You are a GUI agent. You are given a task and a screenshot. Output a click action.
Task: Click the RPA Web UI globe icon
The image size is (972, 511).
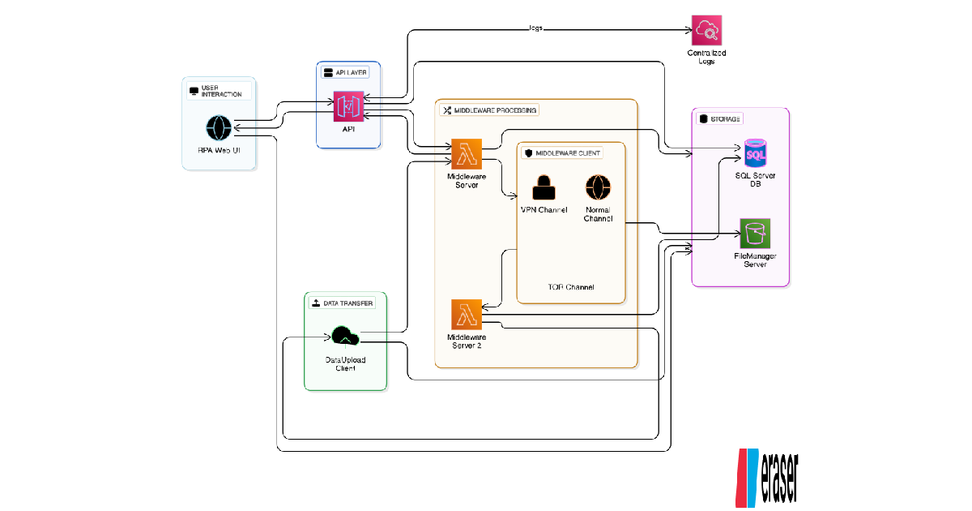(219, 128)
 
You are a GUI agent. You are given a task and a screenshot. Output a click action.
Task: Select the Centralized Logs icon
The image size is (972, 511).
(706, 31)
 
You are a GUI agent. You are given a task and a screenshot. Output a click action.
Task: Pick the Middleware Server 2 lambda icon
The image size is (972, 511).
(467, 314)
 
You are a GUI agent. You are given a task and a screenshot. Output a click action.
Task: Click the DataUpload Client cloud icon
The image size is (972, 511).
(346, 336)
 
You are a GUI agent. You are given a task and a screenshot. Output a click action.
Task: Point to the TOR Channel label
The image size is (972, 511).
(570, 287)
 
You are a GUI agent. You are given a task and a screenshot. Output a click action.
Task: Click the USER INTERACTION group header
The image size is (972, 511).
(219, 91)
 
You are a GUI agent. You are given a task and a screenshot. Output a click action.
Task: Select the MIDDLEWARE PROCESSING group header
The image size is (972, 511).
(489, 109)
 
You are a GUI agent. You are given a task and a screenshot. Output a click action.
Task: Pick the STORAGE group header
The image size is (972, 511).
(719, 118)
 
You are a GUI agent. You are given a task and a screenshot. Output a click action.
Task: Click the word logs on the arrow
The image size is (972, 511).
(535, 28)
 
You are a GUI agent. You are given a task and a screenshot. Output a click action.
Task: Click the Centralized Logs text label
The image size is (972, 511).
(706, 57)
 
